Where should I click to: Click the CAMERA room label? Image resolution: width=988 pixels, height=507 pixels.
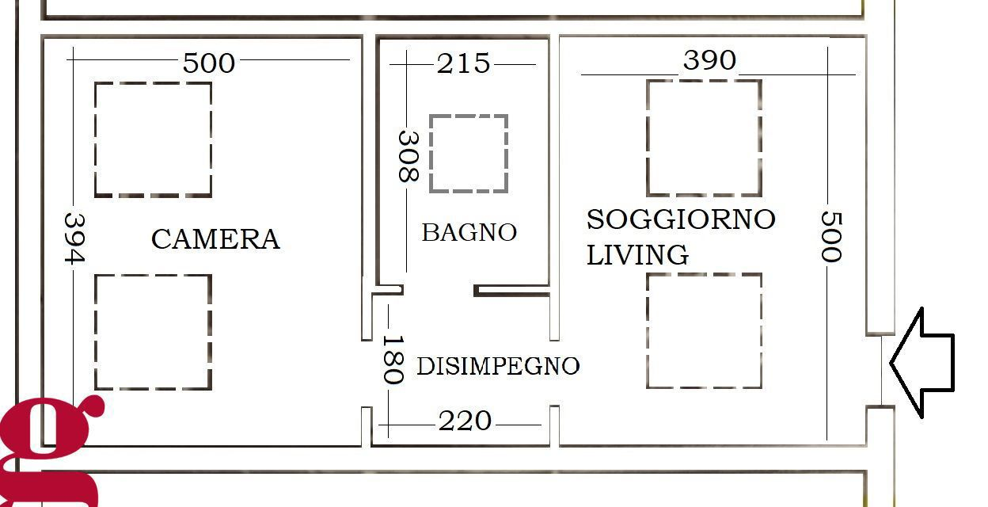coord(215,238)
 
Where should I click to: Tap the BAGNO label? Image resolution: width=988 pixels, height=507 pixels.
coord(469,232)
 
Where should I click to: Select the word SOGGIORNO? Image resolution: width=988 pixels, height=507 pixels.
coord(680,219)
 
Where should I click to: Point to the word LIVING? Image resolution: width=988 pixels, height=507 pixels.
coord(637,255)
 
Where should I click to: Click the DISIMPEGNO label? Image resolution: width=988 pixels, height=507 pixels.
coord(498,366)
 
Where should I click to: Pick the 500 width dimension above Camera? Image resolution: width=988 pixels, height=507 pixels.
coord(209,63)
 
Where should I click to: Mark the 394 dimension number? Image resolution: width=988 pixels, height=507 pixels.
coord(74,238)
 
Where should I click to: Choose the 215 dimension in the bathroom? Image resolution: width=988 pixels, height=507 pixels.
coord(464,63)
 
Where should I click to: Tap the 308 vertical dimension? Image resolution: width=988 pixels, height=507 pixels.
coord(407,157)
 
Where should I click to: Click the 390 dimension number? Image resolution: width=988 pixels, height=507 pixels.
coord(709,60)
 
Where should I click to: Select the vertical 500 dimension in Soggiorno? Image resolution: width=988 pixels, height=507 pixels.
coord(830,236)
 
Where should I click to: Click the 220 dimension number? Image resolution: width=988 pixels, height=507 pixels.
coord(465,421)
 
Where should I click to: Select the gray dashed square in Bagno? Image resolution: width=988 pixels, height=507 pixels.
coord(469,154)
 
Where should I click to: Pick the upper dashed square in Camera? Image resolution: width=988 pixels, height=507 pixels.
coord(154,139)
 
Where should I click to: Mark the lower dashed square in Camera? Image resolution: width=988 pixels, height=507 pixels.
coord(154,332)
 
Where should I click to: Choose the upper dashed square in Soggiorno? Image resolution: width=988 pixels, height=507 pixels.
coord(704,137)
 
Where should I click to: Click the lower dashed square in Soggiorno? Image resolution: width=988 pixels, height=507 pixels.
coord(704,331)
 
